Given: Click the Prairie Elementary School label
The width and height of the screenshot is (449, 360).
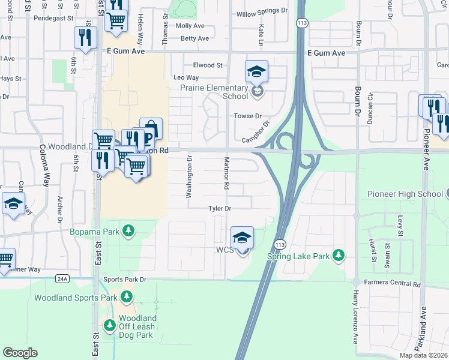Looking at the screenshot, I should [214, 92].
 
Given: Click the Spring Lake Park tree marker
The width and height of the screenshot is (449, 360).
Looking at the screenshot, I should [339, 256].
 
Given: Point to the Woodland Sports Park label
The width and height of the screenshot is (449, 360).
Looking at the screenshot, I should [76, 298].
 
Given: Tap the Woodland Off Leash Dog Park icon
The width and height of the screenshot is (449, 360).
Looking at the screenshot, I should [110, 326].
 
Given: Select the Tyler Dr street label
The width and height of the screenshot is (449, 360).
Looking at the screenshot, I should [220, 208].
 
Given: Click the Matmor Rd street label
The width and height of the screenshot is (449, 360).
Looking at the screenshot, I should [226, 173].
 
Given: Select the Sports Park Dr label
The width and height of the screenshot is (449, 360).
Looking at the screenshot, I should [125, 280].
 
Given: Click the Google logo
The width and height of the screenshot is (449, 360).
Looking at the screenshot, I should [20, 353].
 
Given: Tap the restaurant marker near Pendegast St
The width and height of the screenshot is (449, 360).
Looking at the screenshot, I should [85, 38].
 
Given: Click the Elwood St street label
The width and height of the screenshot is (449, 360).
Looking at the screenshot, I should [208, 65].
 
